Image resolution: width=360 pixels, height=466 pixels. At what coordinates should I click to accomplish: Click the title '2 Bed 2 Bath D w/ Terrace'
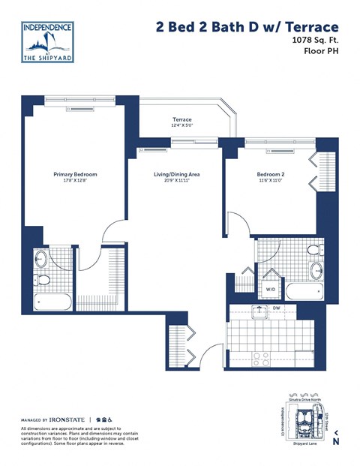click(247, 27)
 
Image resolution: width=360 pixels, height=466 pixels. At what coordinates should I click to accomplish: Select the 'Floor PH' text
click(318, 55)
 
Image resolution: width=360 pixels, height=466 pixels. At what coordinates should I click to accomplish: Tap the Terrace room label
click(182, 120)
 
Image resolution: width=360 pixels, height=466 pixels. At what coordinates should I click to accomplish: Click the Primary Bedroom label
click(75, 174)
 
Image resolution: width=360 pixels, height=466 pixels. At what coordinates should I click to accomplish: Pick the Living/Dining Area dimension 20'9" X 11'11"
click(176, 181)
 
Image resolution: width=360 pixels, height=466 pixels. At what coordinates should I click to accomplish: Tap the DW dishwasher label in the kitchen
click(277, 308)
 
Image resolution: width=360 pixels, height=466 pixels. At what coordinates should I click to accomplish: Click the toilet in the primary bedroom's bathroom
click(43, 281)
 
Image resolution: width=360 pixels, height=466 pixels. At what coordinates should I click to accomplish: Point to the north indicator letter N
click(336, 441)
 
